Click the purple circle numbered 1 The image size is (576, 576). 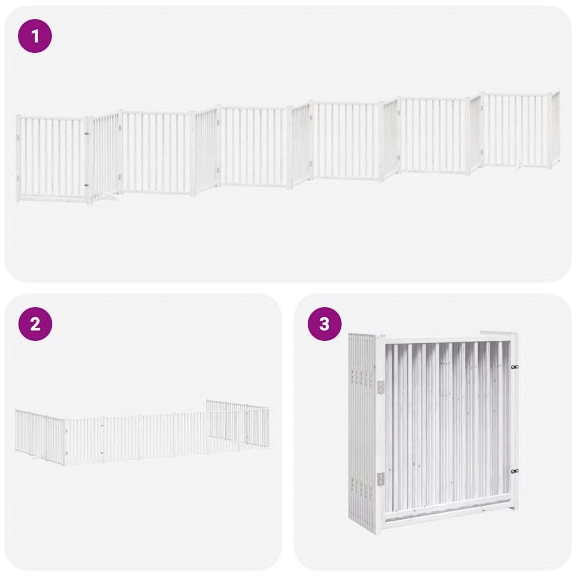click(x=35, y=36)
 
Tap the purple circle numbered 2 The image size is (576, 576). click(x=35, y=324)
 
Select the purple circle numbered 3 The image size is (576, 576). click(x=324, y=324)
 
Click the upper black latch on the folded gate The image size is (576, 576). click(x=515, y=367)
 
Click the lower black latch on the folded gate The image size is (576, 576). click(x=515, y=472)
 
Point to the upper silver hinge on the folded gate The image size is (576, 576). click(x=381, y=387)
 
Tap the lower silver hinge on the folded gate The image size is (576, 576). click(x=381, y=478)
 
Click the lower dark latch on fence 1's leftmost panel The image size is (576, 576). click(x=86, y=184)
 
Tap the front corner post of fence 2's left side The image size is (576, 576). click(x=64, y=442)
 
